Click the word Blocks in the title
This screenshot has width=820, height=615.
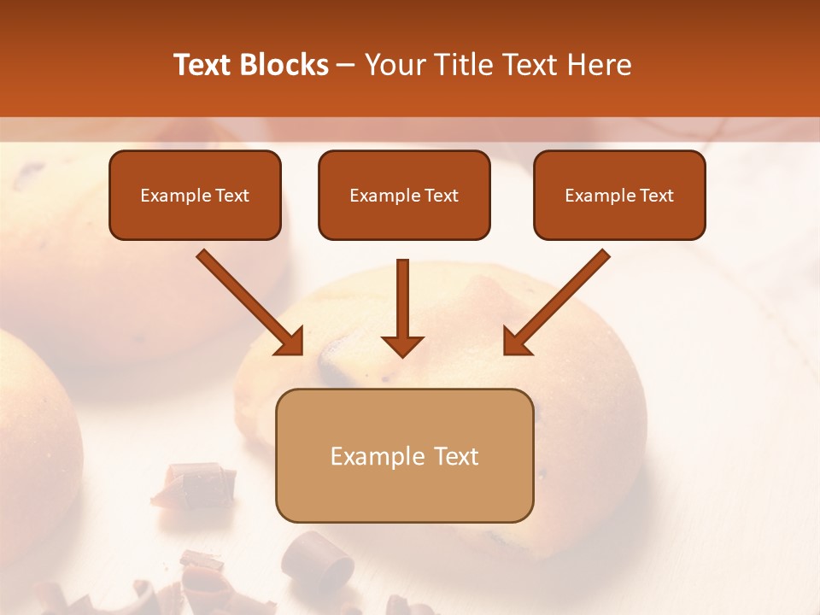click(285, 65)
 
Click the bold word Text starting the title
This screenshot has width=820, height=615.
click(204, 65)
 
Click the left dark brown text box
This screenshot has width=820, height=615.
click(195, 195)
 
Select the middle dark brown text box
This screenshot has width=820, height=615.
click(404, 195)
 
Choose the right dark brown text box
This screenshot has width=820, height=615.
click(619, 195)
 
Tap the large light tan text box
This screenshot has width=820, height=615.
click(404, 455)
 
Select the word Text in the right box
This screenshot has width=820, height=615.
click(656, 195)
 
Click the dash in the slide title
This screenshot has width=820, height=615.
click(346, 65)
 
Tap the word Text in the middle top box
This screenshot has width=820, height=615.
click(441, 195)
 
